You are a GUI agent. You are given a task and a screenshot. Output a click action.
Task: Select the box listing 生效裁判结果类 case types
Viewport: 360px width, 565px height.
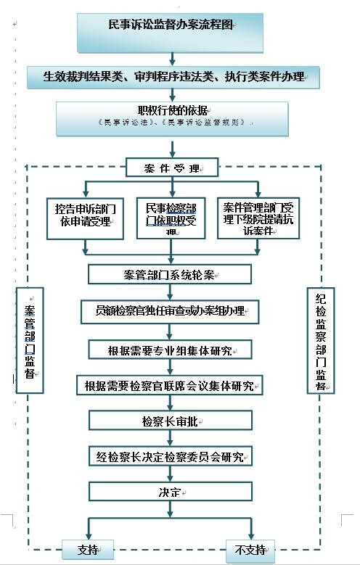(x=173, y=76)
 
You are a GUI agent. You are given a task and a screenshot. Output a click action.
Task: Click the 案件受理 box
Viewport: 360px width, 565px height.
(x=172, y=168)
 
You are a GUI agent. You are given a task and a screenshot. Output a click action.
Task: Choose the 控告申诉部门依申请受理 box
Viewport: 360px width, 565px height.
(x=84, y=215)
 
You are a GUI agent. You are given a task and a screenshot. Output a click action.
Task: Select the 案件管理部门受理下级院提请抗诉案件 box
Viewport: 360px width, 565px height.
(x=258, y=215)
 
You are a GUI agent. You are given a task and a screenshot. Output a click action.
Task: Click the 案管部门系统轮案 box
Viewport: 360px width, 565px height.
(x=170, y=275)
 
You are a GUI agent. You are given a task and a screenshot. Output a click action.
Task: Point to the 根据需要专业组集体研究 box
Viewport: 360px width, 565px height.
(x=170, y=350)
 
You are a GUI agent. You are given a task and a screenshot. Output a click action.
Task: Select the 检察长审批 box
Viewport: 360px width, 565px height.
(x=170, y=421)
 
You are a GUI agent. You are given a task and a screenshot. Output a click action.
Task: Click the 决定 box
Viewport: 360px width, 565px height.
(x=170, y=491)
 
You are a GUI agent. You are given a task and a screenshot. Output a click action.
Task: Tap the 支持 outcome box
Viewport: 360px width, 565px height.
(x=88, y=549)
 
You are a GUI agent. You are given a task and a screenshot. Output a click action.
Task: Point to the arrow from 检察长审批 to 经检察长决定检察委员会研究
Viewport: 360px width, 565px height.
(x=170, y=438)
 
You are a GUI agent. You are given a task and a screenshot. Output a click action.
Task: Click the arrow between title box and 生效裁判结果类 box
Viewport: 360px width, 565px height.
(x=171, y=59)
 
